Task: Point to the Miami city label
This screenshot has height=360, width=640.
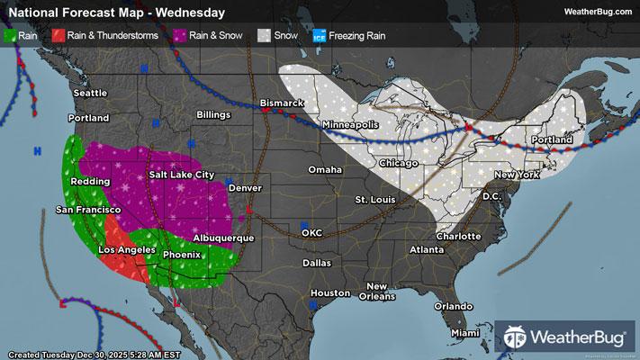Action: (465, 333)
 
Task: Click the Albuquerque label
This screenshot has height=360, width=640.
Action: (223, 238)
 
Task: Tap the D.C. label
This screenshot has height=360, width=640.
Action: (491, 195)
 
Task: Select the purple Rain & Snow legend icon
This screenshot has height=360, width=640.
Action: (180, 36)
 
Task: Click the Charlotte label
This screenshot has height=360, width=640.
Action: (457, 236)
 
